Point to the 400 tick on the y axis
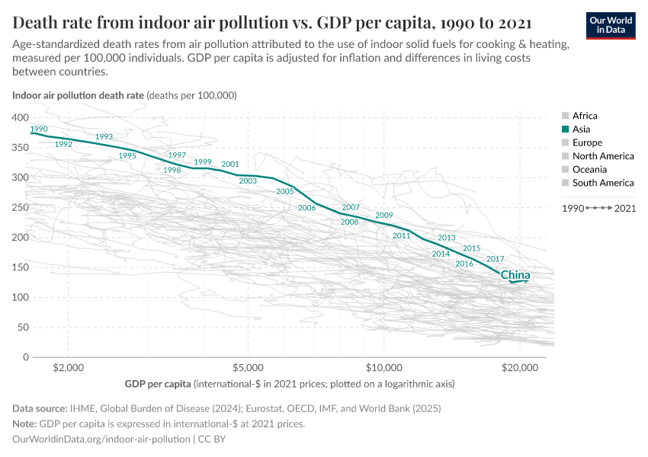point(21,117)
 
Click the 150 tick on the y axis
point(21,267)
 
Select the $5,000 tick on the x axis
point(247,368)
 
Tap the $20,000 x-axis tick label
point(520,368)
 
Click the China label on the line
point(515,275)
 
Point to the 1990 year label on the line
point(39,129)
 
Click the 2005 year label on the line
point(284,192)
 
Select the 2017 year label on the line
point(495,259)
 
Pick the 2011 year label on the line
point(402,236)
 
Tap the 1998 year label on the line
point(172,171)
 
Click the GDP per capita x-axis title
point(157,384)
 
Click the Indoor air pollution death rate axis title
point(78,96)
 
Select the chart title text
point(272,21)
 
